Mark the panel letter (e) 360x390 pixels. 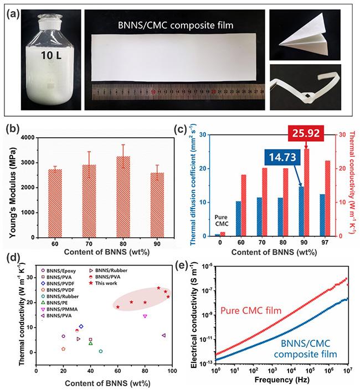tap(194, 257)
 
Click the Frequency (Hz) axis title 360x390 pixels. tap(281, 381)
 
